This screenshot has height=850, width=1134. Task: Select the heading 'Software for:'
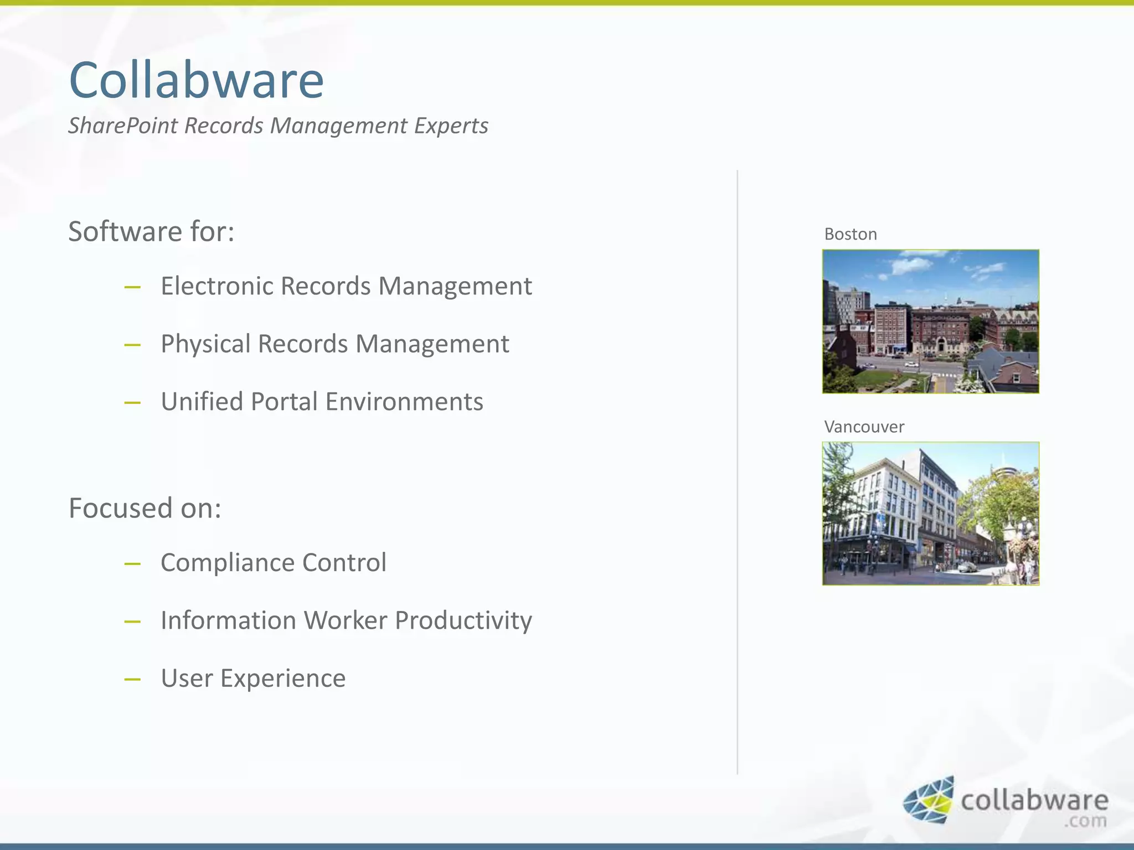pyautogui.click(x=151, y=231)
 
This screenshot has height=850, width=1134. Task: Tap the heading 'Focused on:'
pyautogui.click(x=145, y=508)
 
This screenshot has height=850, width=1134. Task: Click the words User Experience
pyautogui.click(x=253, y=678)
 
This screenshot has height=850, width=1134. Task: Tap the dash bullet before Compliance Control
pyautogui.click(x=132, y=564)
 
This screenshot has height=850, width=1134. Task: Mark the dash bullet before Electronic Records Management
pyautogui.click(x=132, y=287)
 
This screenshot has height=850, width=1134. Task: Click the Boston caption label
pyautogui.click(x=850, y=234)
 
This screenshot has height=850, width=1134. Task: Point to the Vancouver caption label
pyautogui.click(x=864, y=427)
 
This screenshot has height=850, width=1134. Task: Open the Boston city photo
pyautogui.click(x=930, y=322)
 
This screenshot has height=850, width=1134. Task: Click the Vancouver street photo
pyautogui.click(x=930, y=514)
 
